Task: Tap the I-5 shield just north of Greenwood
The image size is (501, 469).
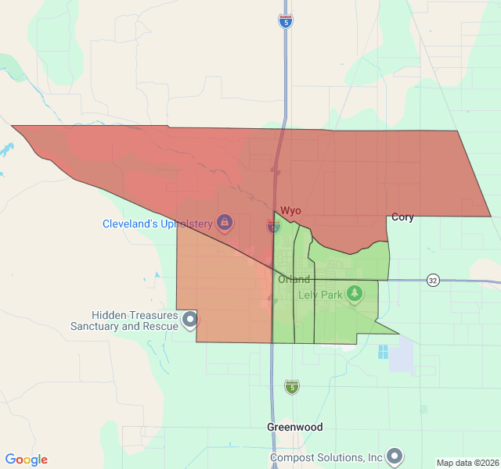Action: (292, 386)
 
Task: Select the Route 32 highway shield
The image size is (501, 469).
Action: (433, 280)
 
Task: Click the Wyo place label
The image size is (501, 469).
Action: (290, 211)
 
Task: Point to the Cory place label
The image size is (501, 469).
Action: (402, 217)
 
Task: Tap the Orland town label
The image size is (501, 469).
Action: (294, 280)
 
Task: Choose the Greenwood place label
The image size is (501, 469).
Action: (294, 428)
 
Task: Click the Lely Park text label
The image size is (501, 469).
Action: (320, 295)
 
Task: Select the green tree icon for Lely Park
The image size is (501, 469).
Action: (355, 293)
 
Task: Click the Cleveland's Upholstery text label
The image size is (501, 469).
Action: (157, 224)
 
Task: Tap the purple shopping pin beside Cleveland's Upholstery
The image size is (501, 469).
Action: (225, 223)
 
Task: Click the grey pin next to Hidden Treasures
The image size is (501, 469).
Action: (189, 319)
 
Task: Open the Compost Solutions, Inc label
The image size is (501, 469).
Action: (326, 457)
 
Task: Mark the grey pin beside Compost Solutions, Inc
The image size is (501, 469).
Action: (395, 456)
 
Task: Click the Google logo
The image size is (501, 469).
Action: (27, 460)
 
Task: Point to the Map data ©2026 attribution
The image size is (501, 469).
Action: (467, 463)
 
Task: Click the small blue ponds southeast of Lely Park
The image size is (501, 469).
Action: (383, 352)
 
